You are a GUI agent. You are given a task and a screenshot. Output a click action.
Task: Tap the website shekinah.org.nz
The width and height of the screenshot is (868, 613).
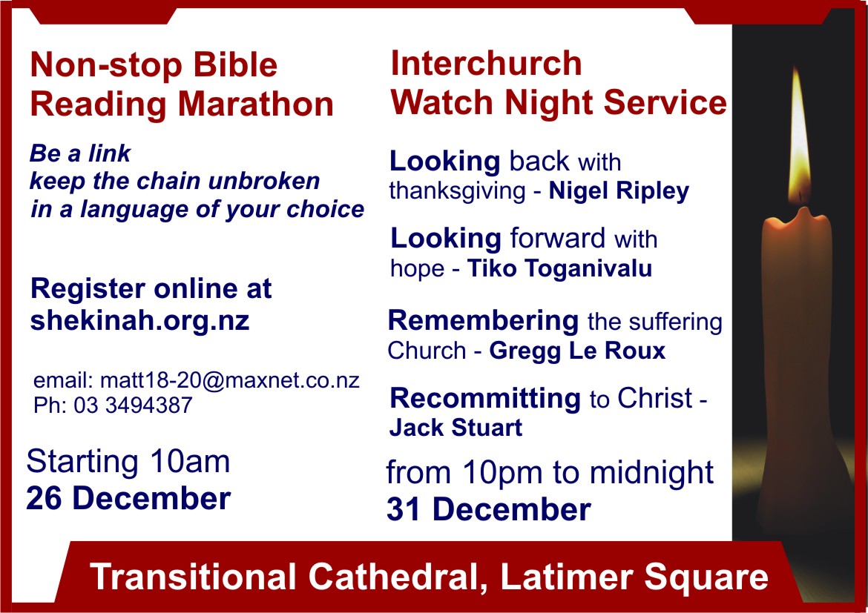[x=139, y=321]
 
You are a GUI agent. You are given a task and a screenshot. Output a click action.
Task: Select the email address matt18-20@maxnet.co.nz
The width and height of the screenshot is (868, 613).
[x=230, y=381]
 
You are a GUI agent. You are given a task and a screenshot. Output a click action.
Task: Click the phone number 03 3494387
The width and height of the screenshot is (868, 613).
[x=133, y=405]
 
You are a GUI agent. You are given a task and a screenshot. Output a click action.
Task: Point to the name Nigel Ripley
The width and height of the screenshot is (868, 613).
[x=619, y=191]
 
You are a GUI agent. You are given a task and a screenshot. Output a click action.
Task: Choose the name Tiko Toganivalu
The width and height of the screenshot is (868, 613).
[x=559, y=268]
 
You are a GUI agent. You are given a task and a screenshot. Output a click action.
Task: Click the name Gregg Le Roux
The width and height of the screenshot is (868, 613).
[x=577, y=351]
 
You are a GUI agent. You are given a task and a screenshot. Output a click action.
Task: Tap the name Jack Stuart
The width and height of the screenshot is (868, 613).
[x=456, y=428]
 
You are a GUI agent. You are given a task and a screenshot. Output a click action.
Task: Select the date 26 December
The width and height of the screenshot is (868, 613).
[x=128, y=498]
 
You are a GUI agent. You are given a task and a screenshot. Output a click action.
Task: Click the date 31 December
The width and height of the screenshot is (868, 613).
[x=489, y=509]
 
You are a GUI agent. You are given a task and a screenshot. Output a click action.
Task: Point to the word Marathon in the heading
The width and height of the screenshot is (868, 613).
[x=255, y=104]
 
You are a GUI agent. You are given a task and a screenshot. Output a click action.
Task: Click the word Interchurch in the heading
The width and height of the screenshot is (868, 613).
[x=486, y=63]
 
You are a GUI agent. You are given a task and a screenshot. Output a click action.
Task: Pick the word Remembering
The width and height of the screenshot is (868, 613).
[x=483, y=320]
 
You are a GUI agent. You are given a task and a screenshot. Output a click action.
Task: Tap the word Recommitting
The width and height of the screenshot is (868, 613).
[x=485, y=398]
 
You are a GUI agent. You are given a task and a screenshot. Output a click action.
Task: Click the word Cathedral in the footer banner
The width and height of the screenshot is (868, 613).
[x=397, y=577]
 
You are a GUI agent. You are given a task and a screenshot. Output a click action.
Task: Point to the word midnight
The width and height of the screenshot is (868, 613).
[x=651, y=472]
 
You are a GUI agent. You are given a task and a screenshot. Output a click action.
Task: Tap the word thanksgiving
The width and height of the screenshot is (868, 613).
[x=457, y=192]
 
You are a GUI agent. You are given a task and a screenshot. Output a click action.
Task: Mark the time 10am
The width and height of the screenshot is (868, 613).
[x=190, y=461]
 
